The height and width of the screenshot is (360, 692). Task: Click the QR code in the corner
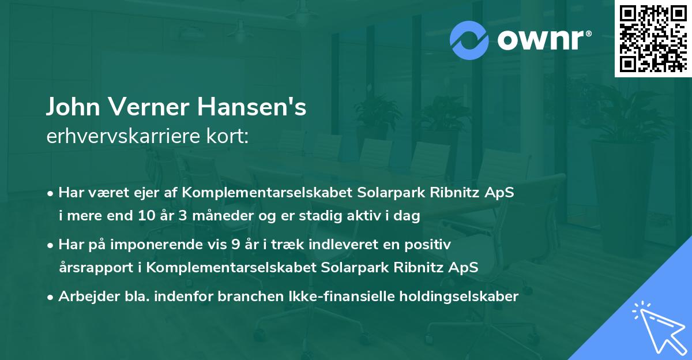click(x=652, y=39)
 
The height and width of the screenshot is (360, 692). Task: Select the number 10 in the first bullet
click(x=146, y=216)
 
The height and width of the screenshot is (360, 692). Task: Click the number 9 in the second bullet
click(x=235, y=245)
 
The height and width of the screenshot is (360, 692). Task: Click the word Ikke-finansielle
click(x=333, y=297)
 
